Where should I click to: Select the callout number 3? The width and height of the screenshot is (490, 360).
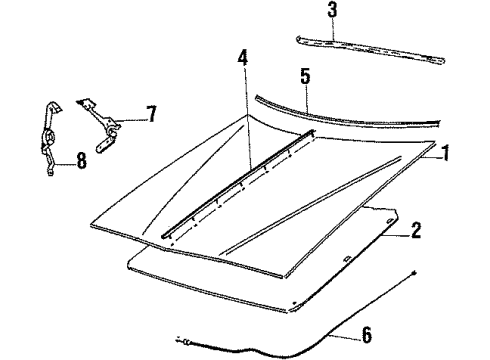(333, 12)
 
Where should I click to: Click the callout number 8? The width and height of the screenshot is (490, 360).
(81, 158)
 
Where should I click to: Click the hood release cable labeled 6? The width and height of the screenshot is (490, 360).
(300, 335)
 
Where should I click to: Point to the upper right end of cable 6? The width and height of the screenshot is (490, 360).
(414, 272)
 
